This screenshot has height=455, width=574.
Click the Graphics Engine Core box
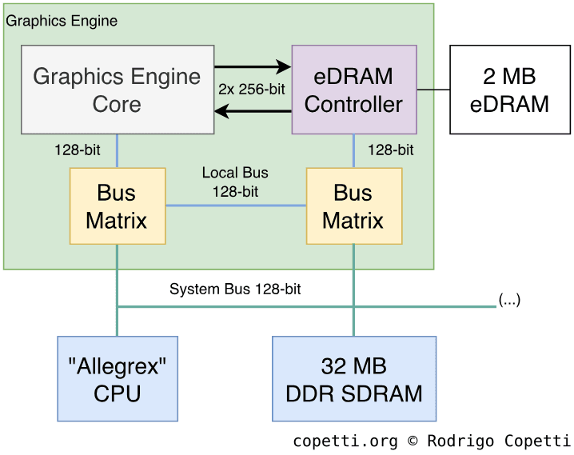point(118,90)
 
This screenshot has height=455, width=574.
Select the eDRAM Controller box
point(353,90)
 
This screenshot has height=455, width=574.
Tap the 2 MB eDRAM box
point(510,90)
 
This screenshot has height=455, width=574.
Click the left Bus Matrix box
point(117,206)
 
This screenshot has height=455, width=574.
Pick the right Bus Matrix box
point(353,206)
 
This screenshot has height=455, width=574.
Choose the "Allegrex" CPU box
point(118,379)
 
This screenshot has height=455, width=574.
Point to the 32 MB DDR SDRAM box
point(353,379)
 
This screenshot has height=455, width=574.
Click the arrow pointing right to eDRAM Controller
point(253,67)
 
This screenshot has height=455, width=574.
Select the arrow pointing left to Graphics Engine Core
point(253,112)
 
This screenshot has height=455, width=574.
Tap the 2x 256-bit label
point(252,90)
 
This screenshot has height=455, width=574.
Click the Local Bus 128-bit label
point(235,182)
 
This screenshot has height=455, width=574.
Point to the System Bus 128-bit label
point(235,289)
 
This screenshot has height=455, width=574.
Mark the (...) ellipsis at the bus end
point(509,301)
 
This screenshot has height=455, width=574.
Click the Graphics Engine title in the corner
point(62,21)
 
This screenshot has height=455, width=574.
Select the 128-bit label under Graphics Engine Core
point(78,150)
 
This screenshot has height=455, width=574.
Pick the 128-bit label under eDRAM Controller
point(391,150)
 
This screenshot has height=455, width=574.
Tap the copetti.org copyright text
point(431,441)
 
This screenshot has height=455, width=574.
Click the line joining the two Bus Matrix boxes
point(236,206)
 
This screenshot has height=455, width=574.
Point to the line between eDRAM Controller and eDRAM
point(433,90)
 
